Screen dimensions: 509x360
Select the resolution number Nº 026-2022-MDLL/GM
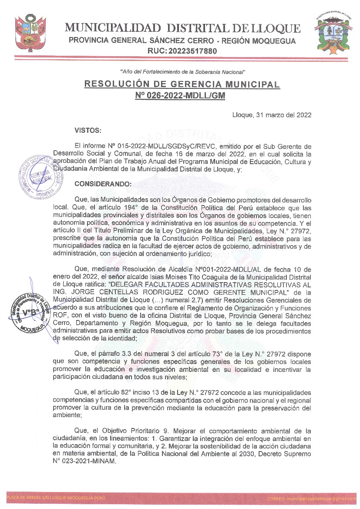[x=182, y=95]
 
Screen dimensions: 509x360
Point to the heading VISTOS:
[x=88, y=130]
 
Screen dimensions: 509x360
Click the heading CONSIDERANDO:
[x=103, y=184]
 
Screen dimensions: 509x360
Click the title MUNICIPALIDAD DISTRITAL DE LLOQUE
[x=182, y=29]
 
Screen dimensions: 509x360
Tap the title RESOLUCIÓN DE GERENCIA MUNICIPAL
[x=182, y=84]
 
